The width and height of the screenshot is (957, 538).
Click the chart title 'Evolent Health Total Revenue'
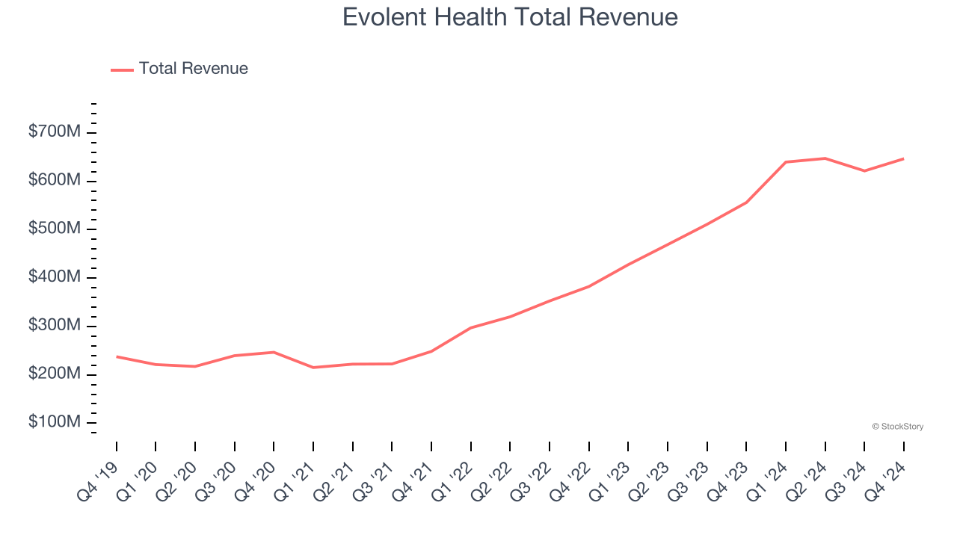(510, 17)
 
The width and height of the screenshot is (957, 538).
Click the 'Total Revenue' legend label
(193, 69)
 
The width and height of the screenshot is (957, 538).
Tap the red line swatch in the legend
(122, 69)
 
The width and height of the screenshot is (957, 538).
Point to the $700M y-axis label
(55, 132)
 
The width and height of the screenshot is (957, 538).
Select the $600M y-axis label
(55, 181)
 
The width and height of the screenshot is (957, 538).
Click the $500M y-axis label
(55, 229)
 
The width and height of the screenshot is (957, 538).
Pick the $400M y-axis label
(55, 277)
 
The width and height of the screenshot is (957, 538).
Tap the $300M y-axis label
(55, 326)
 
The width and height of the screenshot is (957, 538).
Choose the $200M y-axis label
(55, 374)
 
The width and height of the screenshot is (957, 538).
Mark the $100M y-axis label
(55, 422)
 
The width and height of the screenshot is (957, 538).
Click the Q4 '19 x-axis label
(97, 478)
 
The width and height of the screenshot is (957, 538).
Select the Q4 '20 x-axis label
(255, 478)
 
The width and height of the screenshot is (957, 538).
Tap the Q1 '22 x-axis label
(452, 478)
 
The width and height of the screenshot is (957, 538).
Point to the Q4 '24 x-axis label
(884, 478)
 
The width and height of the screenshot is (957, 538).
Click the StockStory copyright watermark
(897, 427)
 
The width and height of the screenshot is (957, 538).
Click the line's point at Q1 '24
(786, 161)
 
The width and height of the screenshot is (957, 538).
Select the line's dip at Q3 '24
(864, 171)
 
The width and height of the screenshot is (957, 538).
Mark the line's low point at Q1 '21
(313, 368)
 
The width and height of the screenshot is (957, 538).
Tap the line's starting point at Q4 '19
(117, 356)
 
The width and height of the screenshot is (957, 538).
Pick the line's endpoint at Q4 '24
(903, 158)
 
